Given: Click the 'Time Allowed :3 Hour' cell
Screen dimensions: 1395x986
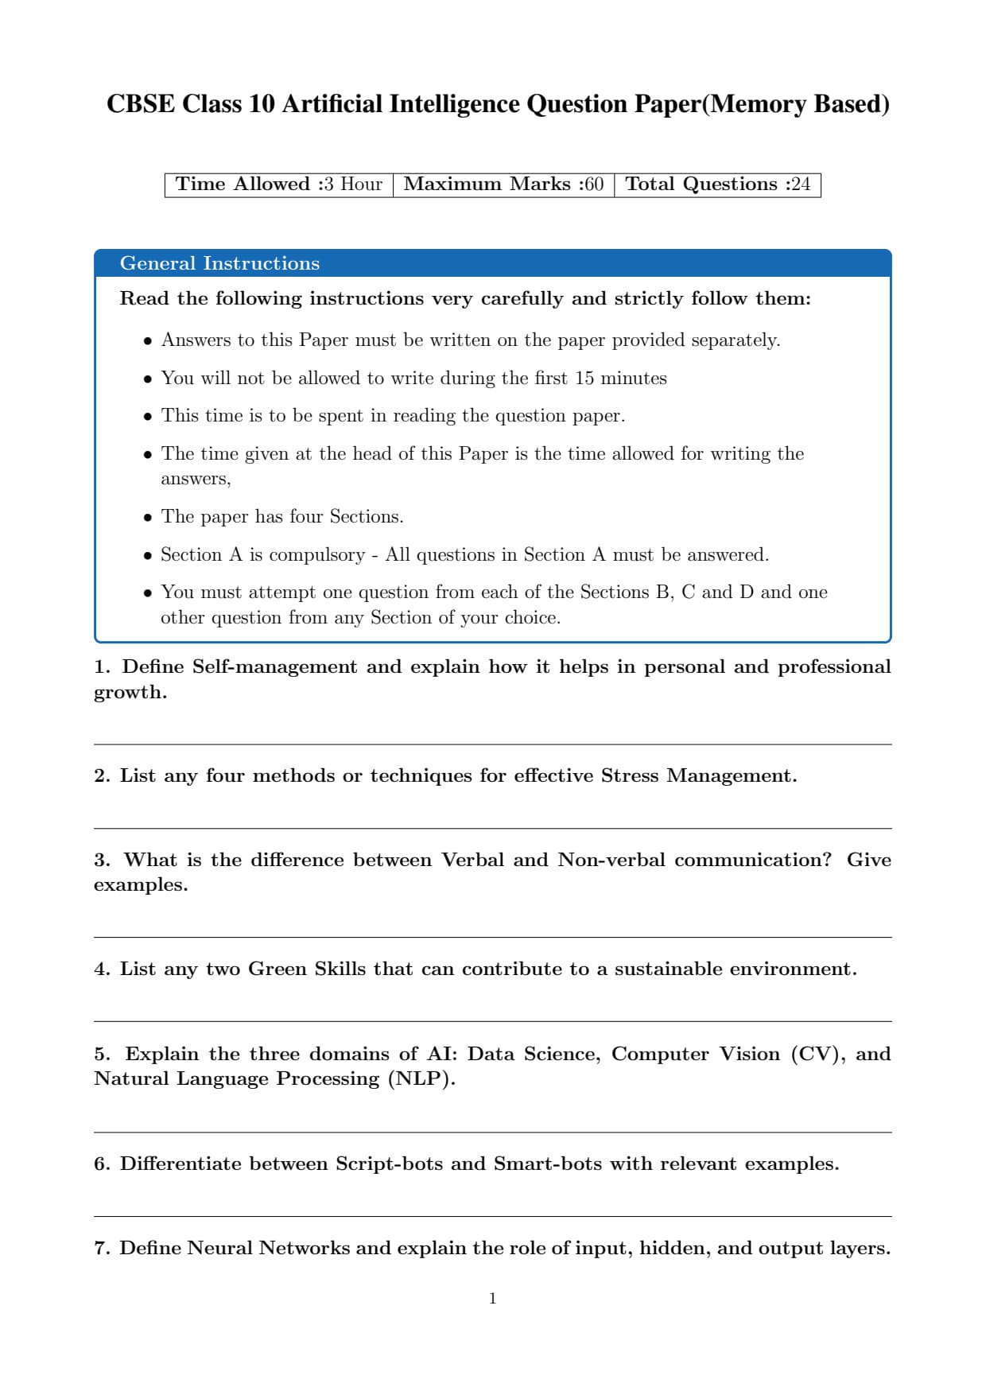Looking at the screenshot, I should [x=278, y=185].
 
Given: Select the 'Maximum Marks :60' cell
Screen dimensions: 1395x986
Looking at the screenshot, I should [x=503, y=185].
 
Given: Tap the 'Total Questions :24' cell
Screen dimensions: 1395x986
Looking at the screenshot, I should [x=717, y=185].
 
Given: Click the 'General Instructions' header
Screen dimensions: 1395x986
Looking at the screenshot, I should [x=219, y=263].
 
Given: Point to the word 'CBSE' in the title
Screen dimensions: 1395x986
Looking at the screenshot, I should [x=140, y=104].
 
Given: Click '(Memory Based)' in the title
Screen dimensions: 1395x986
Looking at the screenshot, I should [x=795, y=104].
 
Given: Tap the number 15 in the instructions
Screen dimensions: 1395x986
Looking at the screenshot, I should [x=584, y=378].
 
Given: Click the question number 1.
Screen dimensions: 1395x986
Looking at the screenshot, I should [x=101, y=666].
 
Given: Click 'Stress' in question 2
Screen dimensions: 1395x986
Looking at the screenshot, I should [x=630, y=775].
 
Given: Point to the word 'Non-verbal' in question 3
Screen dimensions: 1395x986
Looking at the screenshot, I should [x=611, y=860].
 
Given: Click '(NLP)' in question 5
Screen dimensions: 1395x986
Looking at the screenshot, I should [x=421, y=1079].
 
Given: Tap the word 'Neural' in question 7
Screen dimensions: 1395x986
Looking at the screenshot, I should [x=222, y=1248].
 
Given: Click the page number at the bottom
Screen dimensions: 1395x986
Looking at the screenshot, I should [x=493, y=1299].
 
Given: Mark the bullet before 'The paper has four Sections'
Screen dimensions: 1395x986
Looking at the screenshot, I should [x=148, y=518].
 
